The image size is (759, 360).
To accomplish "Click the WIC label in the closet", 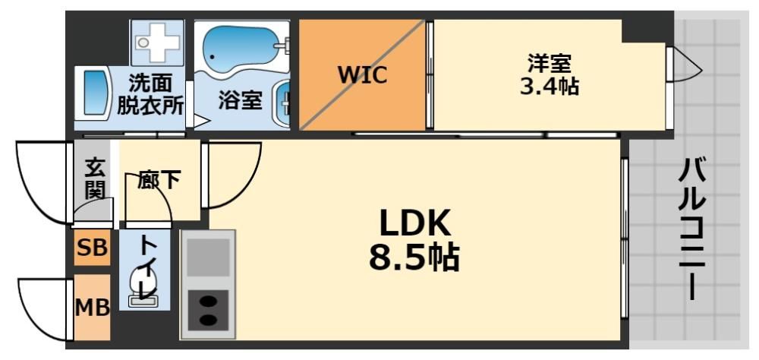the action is click(362, 75).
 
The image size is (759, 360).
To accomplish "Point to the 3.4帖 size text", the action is click(549, 87).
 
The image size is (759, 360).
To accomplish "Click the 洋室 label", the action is click(549, 64).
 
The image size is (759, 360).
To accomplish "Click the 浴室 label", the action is click(240, 101).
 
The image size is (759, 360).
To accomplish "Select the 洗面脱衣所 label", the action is click(150, 95).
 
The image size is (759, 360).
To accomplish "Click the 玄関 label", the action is click(95, 179).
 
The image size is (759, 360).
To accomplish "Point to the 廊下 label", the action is click(159, 180).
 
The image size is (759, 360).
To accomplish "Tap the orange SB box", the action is click(92, 248).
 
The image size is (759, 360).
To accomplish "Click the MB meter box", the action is click(92, 307).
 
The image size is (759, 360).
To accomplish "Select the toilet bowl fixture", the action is click(143, 288).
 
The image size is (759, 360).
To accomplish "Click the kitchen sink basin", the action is click(208, 257).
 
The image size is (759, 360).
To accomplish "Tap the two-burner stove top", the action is click(208, 310).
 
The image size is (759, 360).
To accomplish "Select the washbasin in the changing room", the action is click(95, 93).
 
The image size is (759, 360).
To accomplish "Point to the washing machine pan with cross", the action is click(157, 42).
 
